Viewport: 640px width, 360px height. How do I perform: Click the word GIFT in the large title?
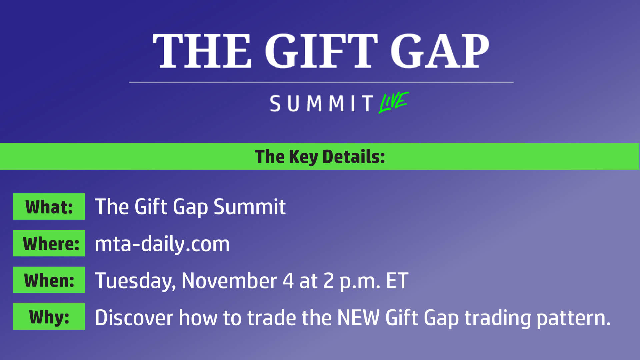click(321, 51)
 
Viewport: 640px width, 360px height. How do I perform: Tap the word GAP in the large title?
click(440, 51)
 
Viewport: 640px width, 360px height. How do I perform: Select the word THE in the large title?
click(202, 51)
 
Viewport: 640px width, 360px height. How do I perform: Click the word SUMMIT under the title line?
click(322, 103)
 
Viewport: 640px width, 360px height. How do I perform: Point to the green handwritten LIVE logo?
click(394, 102)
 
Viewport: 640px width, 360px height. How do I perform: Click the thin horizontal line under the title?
click(321, 82)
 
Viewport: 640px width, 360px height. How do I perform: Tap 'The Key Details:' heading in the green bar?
click(320, 157)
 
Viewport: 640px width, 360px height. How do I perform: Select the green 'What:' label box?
click(49, 207)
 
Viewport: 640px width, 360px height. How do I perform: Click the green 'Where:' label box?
click(49, 243)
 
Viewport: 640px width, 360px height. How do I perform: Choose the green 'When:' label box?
click(49, 280)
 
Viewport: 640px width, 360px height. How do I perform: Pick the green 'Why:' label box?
click(49, 317)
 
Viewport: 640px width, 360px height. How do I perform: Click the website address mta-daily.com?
click(162, 244)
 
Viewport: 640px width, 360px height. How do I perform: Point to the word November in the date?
click(229, 281)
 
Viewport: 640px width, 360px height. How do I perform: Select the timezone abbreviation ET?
click(397, 281)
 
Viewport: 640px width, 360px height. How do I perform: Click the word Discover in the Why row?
click(134, 317)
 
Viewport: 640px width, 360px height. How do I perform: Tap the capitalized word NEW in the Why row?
click(358, 317)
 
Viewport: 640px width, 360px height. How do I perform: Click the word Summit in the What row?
click(250, 207)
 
